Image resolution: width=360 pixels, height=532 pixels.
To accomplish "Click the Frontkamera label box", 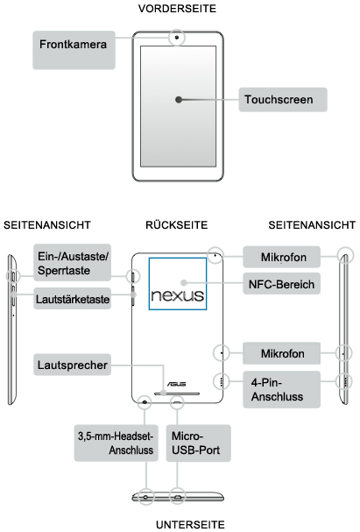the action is coord(74,50).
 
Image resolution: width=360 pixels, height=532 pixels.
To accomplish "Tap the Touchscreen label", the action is coord(283,100).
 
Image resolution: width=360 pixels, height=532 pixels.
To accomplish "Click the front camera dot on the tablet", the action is coord(177,38).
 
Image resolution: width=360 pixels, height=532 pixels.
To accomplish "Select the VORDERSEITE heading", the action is coord(177,9).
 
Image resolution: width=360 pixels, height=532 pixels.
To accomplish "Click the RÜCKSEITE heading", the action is coord(177,225).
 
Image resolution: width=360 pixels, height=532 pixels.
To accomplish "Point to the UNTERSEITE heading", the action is coord(190,524).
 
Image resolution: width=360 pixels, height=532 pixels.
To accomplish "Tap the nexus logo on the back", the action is coord(178,295).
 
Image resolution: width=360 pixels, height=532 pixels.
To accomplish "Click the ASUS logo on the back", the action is coord(177,384).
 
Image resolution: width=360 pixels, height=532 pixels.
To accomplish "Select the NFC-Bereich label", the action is coord(281,284).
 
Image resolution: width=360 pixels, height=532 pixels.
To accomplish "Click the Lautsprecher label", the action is coord(72,365).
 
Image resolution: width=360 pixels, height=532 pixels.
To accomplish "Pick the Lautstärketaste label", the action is coord(72,299).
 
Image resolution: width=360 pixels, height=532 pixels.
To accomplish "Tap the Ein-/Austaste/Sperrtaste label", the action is coord(72,263).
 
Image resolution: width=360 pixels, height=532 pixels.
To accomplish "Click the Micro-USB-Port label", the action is coord(198,443).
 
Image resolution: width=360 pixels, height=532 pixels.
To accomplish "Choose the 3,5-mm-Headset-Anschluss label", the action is coord(116,443).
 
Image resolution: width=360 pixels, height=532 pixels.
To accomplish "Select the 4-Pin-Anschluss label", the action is coord(281,389).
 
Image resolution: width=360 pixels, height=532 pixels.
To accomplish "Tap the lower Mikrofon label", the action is coord(281,353).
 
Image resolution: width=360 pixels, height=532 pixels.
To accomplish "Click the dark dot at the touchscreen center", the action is coord(179,100).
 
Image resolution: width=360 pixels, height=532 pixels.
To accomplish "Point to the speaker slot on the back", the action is coord(177,394).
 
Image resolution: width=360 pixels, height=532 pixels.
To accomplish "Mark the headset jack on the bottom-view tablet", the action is coord(145,498).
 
